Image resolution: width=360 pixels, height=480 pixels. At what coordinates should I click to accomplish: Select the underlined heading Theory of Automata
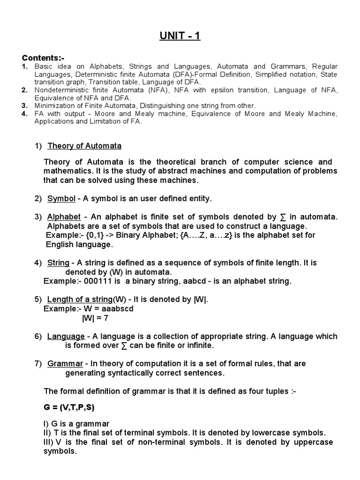(84, 146)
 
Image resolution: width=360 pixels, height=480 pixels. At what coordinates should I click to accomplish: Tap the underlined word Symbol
(61, 199)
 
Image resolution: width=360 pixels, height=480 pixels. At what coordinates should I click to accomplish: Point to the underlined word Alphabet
(64, 217)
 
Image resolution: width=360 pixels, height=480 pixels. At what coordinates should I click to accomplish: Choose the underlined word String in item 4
(58, 263)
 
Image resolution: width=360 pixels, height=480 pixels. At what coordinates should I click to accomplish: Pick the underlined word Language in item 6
(66, 337)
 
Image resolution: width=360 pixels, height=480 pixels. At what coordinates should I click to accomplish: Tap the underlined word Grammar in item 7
(65, 364)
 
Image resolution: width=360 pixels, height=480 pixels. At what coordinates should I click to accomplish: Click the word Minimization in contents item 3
(53, 106)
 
